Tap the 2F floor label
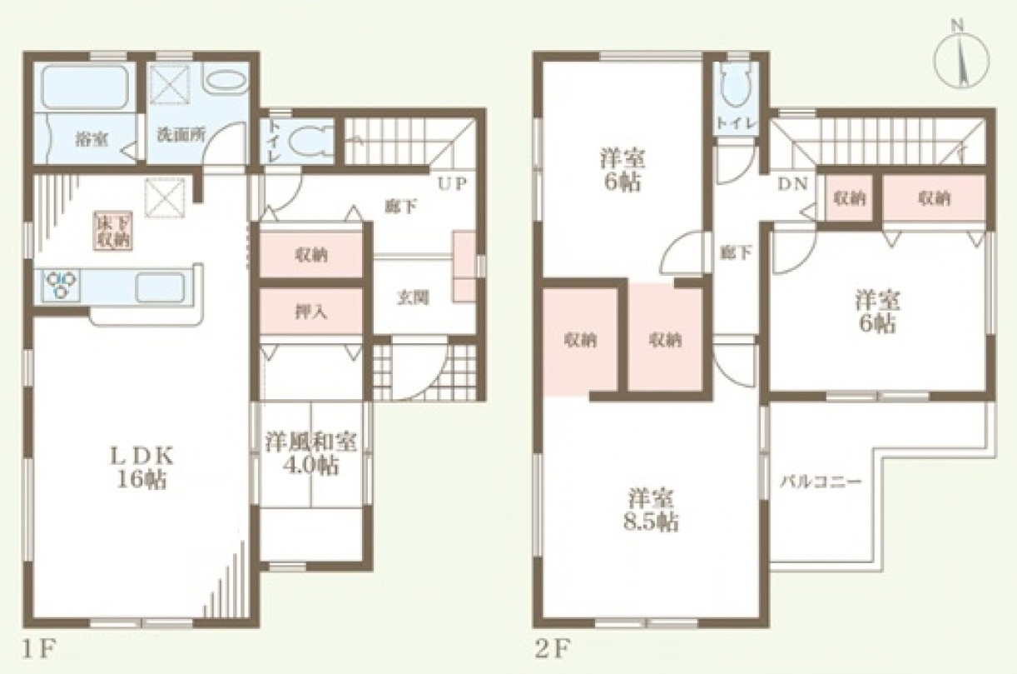point(552,651)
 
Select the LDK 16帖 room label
point(141,467)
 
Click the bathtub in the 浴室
point(86,87)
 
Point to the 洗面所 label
point(181,134)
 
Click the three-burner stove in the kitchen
point(61,284)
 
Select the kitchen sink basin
point(160,287)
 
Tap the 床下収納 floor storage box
point(112,231)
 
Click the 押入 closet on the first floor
point(311,312)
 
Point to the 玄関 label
point(413,297)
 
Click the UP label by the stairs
point(452,184)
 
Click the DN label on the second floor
point(793,184)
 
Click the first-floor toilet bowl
point(307,141)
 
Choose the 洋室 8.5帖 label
point(651,510)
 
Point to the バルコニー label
point(821,482)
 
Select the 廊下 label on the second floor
point(736,252)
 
